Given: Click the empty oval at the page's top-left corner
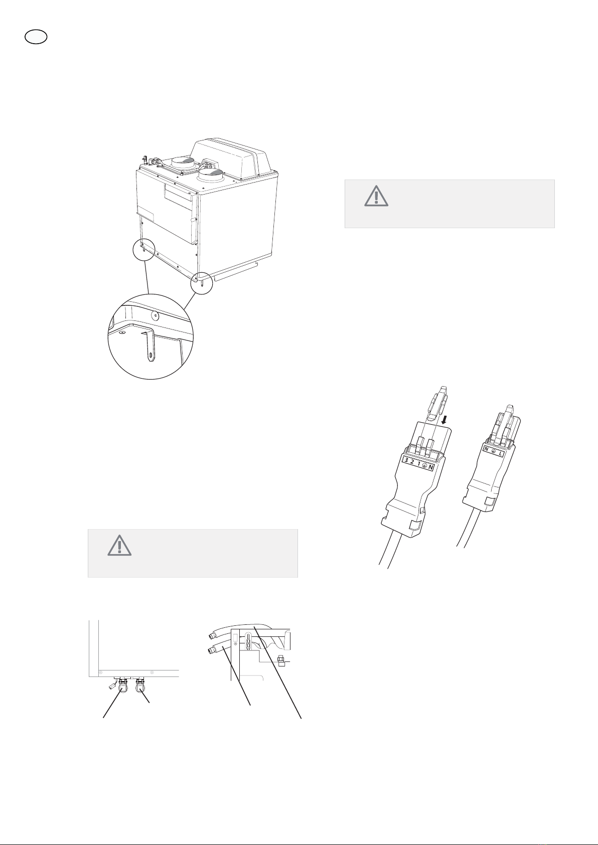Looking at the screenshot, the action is click(x=36, y=37).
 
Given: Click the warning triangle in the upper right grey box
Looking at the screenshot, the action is click(x=376, y=196).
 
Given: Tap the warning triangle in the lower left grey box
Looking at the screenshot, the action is click(x=119, y=546).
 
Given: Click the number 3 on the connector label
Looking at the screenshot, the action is click(x=406, y=460).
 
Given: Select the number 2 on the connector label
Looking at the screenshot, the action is click(x=412, y=462).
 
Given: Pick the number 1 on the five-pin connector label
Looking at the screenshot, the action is click(x=418, y=463).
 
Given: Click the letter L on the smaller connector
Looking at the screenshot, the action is click(x=501, y=454).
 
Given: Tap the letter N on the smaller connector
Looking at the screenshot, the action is click(x=486, y=449).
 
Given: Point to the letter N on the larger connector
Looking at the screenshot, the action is click(x=431, y=467).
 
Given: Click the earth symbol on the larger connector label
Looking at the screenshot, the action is click(x=424, y=465).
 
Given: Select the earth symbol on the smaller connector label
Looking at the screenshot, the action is click(x=493, y=451).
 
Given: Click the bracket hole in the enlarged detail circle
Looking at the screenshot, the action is click(x=151, y=356).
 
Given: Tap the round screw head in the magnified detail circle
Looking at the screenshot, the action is click(x=154, y=313).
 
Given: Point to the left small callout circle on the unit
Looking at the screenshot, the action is click(x=144, y=250).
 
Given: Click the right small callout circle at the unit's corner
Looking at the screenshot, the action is click(x=202, y=283).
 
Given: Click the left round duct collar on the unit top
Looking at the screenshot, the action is click(x=183, y=163).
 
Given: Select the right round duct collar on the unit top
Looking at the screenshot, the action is click(x=211, y=176).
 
